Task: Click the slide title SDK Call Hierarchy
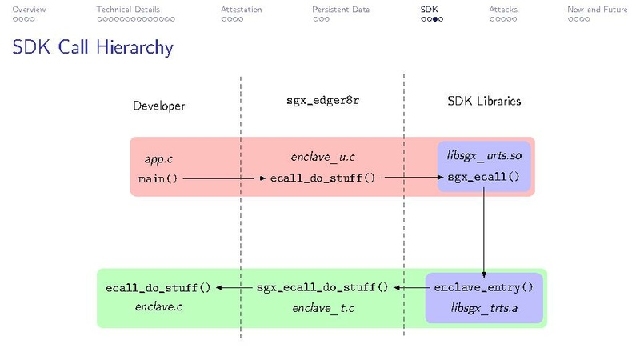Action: coord(93,48)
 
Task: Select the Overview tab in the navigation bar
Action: coord(29,10)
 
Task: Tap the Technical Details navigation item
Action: coord(128,10)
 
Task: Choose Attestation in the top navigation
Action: coord(241,10)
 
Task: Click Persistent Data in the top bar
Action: coord(341,10)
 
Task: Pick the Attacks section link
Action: coord(503,10)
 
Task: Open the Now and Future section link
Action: coord(597,10)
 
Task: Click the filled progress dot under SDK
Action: coord(436,19)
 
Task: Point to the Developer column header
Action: coord(158,106)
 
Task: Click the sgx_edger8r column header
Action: coord(322,102)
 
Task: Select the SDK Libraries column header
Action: coord(484,102)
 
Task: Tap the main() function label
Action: coord(158,178)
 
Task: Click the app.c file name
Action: coord(158,159)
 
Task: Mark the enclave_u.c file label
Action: coord(322,158)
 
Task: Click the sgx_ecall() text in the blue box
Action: coord(484,177)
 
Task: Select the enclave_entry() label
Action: coord(483,287)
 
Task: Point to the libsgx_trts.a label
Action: coord(483,307)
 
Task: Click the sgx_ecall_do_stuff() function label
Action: coord(322,287)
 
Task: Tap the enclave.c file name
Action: coord(158,306)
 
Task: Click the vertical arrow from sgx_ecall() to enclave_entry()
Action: coord(484,232)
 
